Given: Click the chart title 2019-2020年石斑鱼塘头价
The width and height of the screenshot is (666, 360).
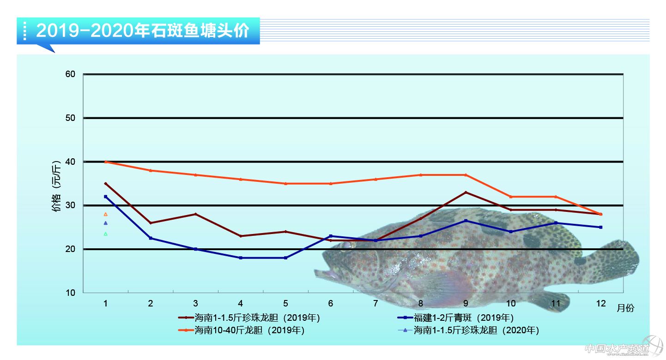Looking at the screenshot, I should point(142,31).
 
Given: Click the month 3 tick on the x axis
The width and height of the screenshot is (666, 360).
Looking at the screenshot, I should point(195,303).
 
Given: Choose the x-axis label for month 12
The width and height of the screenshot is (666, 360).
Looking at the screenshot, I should point(600,303).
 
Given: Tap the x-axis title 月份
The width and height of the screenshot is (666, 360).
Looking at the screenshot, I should point(625,308).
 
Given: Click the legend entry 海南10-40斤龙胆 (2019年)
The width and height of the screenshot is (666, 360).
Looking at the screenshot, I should point(249,330).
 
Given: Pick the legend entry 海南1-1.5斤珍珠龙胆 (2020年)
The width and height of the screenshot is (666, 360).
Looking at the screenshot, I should point(476,330).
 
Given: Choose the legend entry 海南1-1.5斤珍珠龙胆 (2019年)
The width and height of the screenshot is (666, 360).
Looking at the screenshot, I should point(257,318).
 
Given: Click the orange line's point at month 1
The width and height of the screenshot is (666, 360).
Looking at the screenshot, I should point(106,162).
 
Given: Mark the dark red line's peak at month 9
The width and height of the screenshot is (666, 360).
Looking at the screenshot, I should point(466,192).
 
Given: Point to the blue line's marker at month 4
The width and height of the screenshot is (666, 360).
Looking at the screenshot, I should point(241,258).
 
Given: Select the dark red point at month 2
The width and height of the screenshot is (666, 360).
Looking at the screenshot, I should point(151,223).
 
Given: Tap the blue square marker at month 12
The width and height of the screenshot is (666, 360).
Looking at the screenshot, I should point(600,227).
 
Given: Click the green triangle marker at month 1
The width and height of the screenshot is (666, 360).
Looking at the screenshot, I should point(106,234).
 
